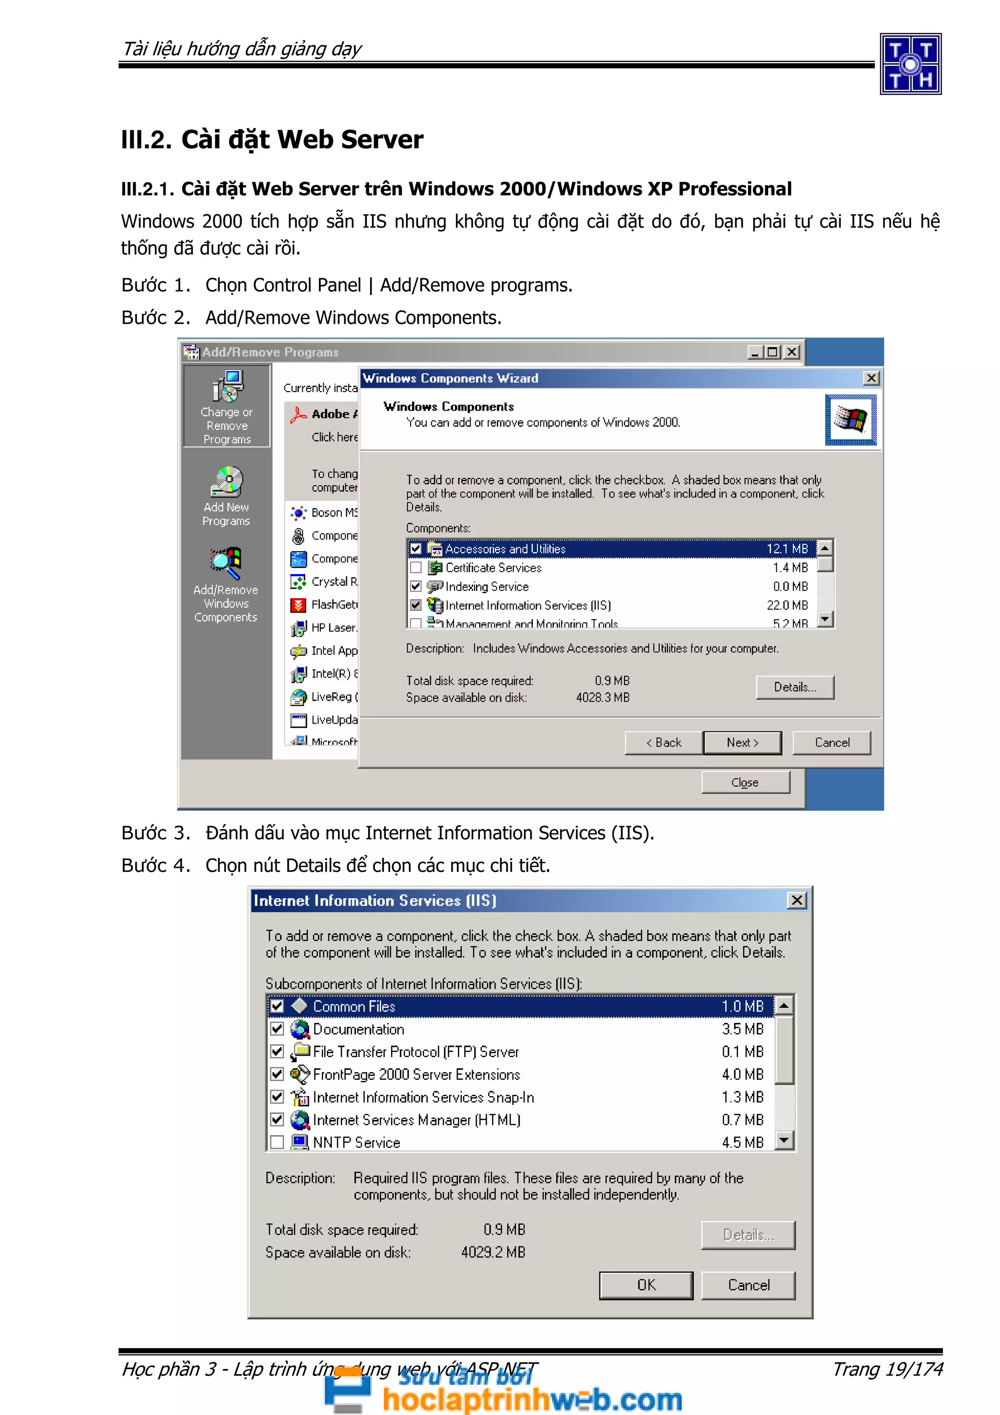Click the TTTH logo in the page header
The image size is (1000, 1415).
tap(910, 64)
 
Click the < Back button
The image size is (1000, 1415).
tap(664, 743)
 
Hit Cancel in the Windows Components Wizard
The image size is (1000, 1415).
tap(832, 743)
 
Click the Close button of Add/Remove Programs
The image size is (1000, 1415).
tap(745, 782)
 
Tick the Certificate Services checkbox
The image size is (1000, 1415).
tap(416, 567)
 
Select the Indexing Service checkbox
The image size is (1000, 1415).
tap(416, 586)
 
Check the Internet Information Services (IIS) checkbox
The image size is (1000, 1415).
tap(416, 605)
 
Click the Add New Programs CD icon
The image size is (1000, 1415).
tap(227, 481)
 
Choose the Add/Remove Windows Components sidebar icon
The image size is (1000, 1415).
tap(226, 562)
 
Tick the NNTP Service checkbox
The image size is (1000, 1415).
tap(277, 1142)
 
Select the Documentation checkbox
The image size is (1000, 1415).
tap(277, 1029)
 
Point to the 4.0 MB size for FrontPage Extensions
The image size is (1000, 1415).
tap(743, 1074)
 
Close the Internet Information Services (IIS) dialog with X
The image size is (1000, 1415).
tap(797, 900)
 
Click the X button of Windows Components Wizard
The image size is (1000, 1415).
tap(871, 378)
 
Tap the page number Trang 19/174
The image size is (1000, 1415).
tap(887, 1369)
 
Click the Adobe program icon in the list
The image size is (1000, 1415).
tap(299, 415)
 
